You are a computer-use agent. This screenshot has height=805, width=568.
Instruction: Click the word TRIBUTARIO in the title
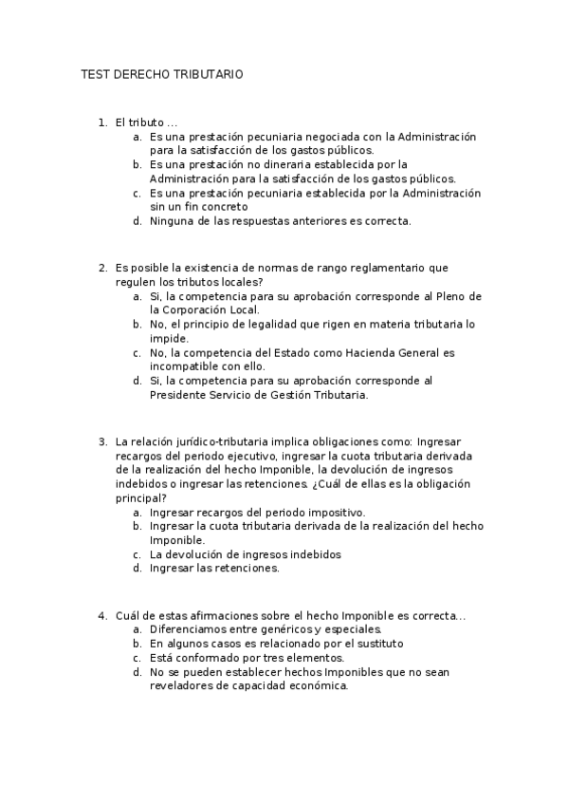(211, 74)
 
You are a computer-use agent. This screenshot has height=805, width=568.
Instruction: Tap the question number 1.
(102, 122)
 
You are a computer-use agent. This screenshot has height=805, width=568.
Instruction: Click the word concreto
(223, 206)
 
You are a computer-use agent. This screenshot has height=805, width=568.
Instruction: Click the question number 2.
(102, 269)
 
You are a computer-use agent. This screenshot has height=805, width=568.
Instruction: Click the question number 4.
(102, 616)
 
